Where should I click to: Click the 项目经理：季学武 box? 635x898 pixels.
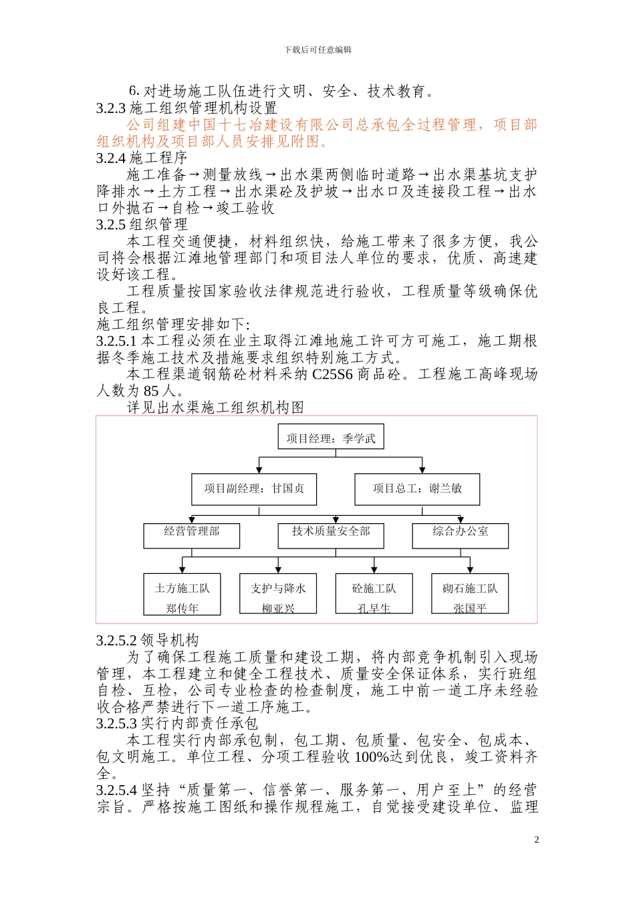(x=331, y=438)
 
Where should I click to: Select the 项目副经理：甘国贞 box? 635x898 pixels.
(x=254, y=489)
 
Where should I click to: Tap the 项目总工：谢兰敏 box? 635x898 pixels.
(x=417, y=489)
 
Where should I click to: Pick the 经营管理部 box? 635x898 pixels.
(x=192, y=535)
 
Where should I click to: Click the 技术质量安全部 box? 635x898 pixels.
(x=331, y=535)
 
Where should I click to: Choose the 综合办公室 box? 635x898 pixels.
(x=461, y=535)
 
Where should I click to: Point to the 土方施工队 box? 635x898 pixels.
(x=182, y=594)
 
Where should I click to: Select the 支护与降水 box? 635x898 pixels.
(x=278, y=594)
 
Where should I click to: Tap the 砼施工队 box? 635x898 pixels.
(x=374, y=594)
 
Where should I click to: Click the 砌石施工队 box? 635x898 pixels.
(x=470, y=594)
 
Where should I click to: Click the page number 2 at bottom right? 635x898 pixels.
(x=536, y=840)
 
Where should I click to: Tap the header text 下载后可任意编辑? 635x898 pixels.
(x=317, y=50)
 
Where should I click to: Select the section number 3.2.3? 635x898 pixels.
(x=111, y=108)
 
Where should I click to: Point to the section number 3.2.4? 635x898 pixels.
(x=111, y=158)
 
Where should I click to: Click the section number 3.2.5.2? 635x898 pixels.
(x=116, y=641)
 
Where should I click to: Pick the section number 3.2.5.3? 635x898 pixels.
(x=116, y=724)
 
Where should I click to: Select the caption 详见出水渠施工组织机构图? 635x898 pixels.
(x=215, y=408)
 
